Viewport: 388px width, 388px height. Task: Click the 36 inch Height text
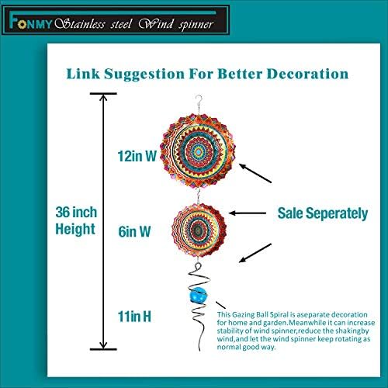tap(75, 219)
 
